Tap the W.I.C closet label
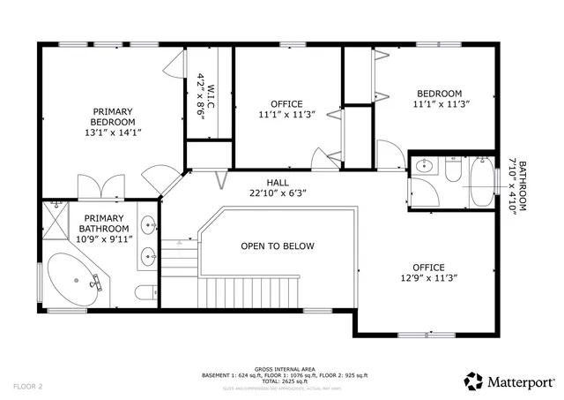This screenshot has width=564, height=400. click(x=200, y=89)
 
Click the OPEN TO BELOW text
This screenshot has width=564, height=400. click(x=278, y=246)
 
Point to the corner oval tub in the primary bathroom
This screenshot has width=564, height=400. click(x=74, y=280)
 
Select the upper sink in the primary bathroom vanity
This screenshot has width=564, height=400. click(x=147, y=223)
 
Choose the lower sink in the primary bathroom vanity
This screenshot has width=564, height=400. click(x=147, y=257)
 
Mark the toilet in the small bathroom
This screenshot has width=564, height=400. click(x=453, y=169)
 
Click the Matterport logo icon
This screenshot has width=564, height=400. click(x=474, y=381)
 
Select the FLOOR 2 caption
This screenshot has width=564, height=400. click(x=28, y=386)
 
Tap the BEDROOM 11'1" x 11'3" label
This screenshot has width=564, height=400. click(x=439, y=99)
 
